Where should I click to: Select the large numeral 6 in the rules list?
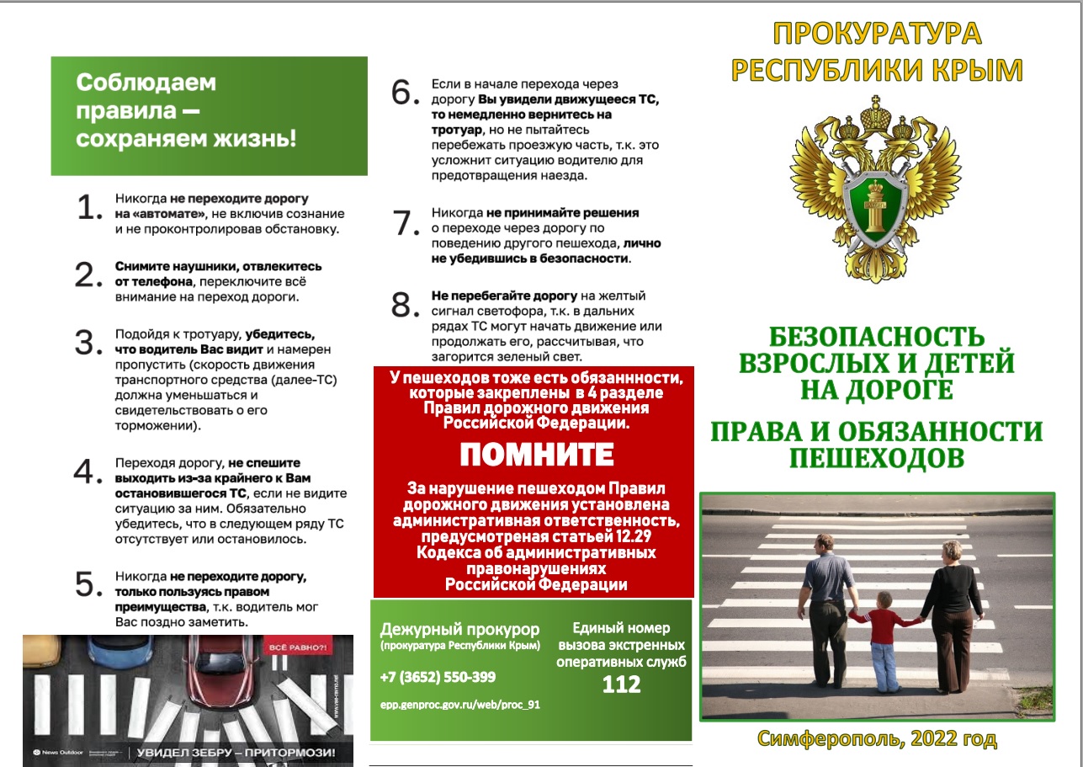pos(405,93)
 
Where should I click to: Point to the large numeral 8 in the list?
pos(406,304)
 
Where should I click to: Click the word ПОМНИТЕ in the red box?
pos(537,455)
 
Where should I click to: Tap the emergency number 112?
pos(622,684)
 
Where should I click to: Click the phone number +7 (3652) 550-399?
pos(438,677)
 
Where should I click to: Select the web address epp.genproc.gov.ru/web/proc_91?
pos(459,705)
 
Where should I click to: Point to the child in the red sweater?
pos(884,635)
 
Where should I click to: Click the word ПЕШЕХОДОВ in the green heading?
pos(876,458)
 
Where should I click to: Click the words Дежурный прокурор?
pos(459,629)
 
